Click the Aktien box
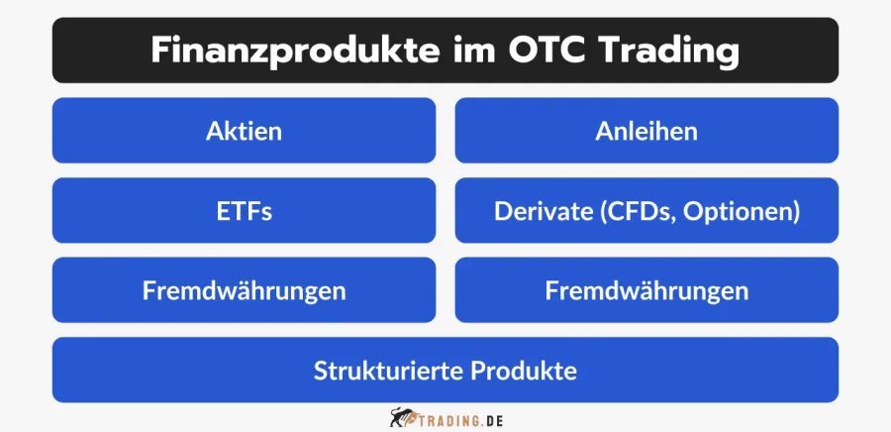tap(244, 131)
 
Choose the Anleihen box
tap(646, 131)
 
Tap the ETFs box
tap(244, 211)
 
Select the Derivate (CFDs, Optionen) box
tap(646, 211)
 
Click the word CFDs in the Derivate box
tap(632, 211)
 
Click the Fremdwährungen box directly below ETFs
tap(244, 290)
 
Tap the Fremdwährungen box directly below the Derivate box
tap(646, 290)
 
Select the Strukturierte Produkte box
tap(445, 371)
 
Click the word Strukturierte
tap(387, 371)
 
